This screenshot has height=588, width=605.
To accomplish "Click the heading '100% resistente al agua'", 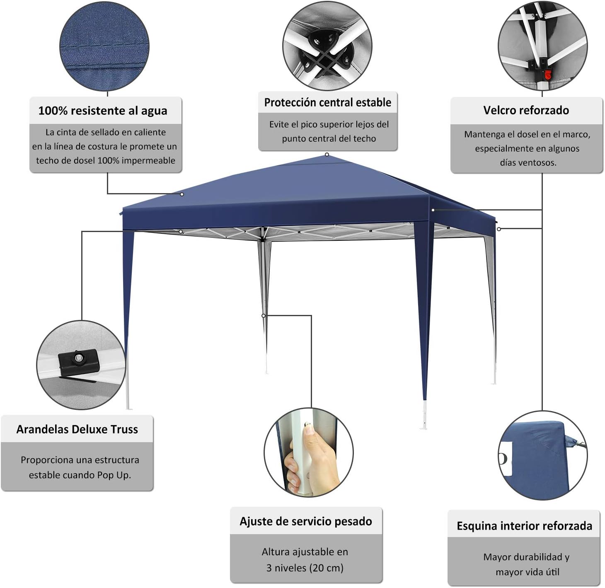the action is [103, 111].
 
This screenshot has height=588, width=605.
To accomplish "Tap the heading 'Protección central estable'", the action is [327, 102].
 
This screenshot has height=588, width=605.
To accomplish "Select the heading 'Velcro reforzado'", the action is [526, 110].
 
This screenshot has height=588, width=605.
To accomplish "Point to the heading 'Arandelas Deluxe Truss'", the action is [77, 429].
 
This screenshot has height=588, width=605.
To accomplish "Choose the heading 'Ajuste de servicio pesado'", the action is [306, 521].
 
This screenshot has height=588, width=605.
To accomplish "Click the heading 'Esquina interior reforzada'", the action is [524, 526].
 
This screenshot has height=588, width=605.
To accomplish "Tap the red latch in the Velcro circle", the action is [548, 75].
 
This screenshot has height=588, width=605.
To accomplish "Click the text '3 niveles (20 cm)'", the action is [305, 568].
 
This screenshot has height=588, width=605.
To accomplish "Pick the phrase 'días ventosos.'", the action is [528, 162].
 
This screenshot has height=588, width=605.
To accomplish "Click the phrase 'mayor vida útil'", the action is [527, 572].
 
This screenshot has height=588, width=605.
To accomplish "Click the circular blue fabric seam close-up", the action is [104, 46].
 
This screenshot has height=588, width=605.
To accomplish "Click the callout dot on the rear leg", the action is [264, 316].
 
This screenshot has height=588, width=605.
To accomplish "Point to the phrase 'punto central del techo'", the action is [329, 138].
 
